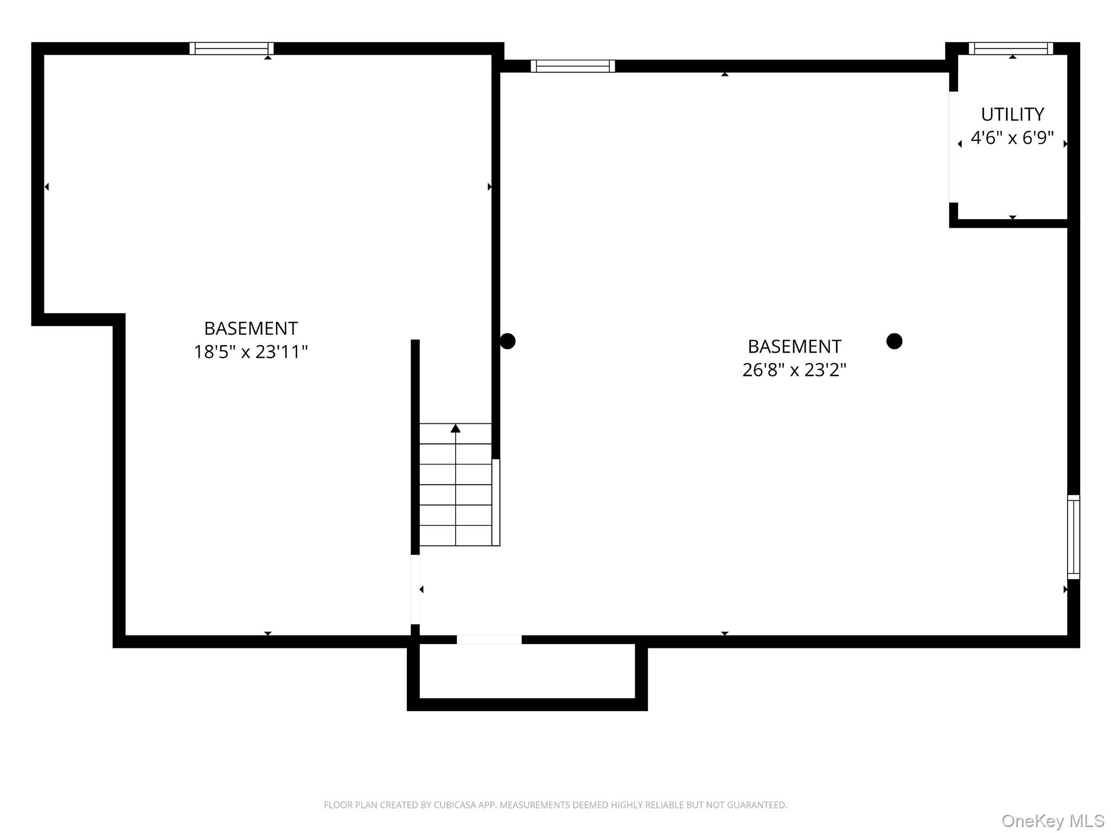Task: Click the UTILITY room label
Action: pos(1012,115)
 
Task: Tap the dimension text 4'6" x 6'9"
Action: pos(1012,138)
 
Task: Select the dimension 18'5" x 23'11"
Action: pos(251,352)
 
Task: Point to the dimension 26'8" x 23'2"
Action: pos(794,370)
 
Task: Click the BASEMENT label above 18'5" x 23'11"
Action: pos(251,328)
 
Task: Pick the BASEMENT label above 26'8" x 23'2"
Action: pos(794,346)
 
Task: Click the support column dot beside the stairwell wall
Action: pos(507,341)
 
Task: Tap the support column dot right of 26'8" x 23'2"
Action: pos(894,341)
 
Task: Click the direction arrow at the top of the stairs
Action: pos(456,429)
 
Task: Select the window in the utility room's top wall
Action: pos(1011,48)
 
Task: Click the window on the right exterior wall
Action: pos(1074,537)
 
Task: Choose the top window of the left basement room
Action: pos(232,48)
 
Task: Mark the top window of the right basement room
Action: pos(573,66)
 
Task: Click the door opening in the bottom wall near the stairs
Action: pos(489,640)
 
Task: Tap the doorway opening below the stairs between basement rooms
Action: pos(415,589)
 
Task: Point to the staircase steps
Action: pos(456,485)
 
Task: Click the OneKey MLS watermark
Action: pos(1053,821)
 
